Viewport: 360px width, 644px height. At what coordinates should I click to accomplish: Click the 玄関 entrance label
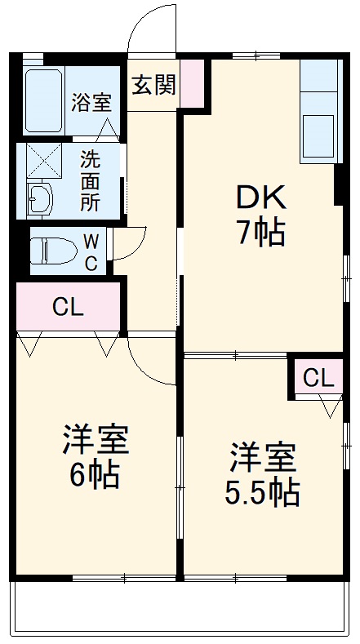click(x=153, y=85)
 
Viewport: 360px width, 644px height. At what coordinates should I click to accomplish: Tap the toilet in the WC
click(x=53, y=250)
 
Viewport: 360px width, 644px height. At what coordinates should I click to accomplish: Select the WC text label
click(x=91, y=251)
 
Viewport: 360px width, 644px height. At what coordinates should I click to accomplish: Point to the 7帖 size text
click(x=260, y=233)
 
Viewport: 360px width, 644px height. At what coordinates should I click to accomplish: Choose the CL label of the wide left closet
click(x=68, y=307)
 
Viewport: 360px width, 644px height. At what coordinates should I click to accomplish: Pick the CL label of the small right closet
click(x=318, y=378)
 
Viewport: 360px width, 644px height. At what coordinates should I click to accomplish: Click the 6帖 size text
click(x=95, y=475)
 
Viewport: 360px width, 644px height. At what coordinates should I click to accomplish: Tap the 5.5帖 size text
click(x=262, y=492)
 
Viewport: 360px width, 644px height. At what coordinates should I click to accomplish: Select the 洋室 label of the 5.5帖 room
click(x=262, y=457)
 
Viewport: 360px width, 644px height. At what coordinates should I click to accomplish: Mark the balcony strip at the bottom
click(x=180, y=607)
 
